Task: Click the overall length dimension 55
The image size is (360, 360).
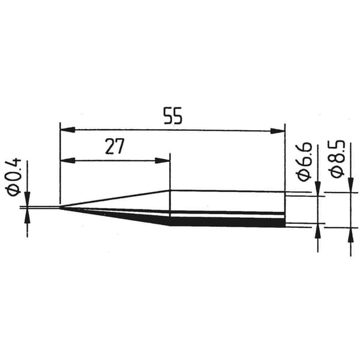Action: tap(173, 116)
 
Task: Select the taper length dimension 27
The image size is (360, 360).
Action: tap(115, 146)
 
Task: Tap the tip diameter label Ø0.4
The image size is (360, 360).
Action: tap(13, 177)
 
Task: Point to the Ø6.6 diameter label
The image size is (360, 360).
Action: tap(305, 162)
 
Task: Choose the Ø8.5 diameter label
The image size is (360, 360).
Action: tap(337, 158)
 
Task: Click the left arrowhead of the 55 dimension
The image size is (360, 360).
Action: tap(67, 130)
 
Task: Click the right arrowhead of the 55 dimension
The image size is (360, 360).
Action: tap(278, 131)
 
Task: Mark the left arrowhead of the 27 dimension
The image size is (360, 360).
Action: tap(67, 160)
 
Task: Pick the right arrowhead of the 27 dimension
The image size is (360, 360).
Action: tap(163, 160)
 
